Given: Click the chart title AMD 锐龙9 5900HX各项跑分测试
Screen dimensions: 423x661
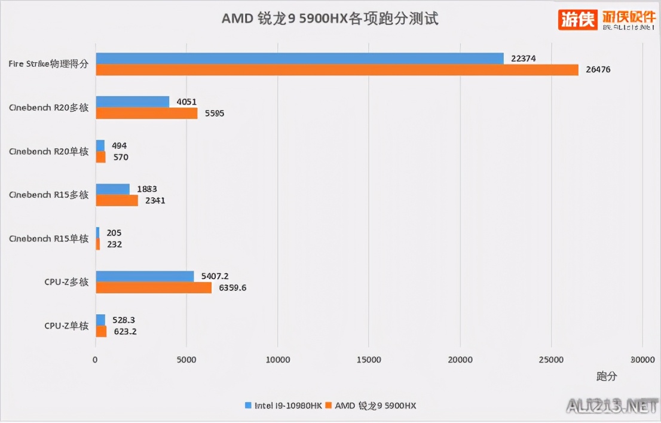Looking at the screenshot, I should click(330, 19).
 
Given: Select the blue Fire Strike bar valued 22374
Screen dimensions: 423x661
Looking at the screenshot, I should click(299, 58).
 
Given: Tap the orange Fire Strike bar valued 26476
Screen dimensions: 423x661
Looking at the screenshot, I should click(337, 70).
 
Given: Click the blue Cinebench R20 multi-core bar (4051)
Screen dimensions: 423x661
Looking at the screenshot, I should click(133, 102).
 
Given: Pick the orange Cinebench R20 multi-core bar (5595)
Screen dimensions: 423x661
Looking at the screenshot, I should click(146, 114).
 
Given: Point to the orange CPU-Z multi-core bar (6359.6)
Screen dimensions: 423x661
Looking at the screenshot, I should click(154, 287).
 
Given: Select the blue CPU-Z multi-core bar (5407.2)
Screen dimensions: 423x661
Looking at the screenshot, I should click(145, 276).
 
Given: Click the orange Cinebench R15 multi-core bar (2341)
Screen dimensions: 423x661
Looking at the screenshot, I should click(117, 200).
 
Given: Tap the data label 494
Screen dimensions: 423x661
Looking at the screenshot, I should click(119, 146).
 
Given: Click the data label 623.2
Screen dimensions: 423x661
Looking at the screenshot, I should click(124, 331).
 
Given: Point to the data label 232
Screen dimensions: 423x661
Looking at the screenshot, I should click(114, 244).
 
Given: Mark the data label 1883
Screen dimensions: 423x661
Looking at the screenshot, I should click(147, 189).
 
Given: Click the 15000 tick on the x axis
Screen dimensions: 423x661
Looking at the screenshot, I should click(368, 360).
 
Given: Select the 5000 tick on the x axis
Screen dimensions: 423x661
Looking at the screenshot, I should click(186, 360).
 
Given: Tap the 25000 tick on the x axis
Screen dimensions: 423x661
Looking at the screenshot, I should click(550, 360).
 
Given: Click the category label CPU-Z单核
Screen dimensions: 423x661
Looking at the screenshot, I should click(66, 326).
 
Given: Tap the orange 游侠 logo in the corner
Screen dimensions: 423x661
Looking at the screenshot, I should click(578, 20).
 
